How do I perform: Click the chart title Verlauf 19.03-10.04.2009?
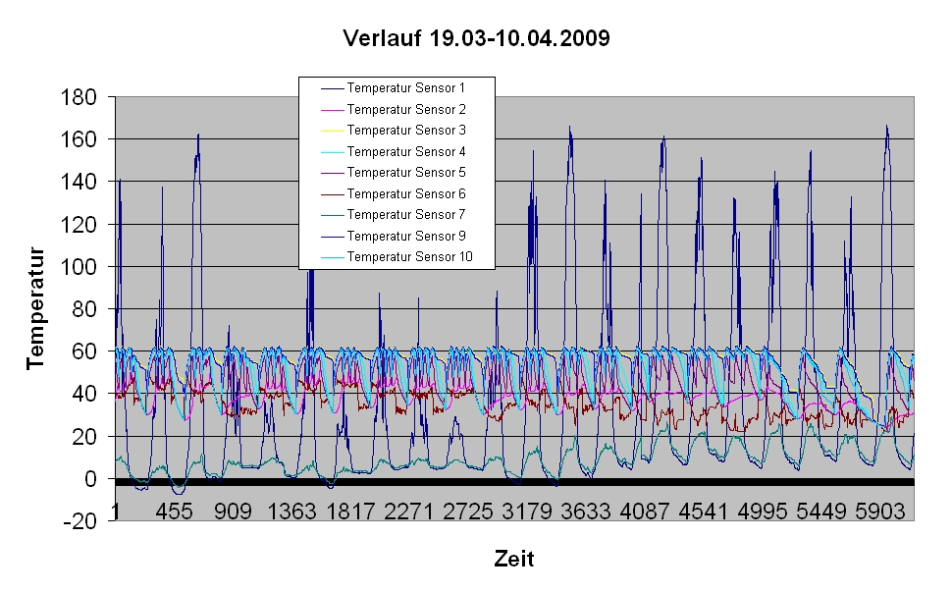pyautogui.click(x=476, y=39)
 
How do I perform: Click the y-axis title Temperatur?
pyautogui.click(x=37, y=308)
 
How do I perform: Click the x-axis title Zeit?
pyautogui.click(x=514, y=560)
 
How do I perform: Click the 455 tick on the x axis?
pyautogui.click(x=174, y=512)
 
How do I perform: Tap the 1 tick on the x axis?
pyautogui.click(x=116, y=512)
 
